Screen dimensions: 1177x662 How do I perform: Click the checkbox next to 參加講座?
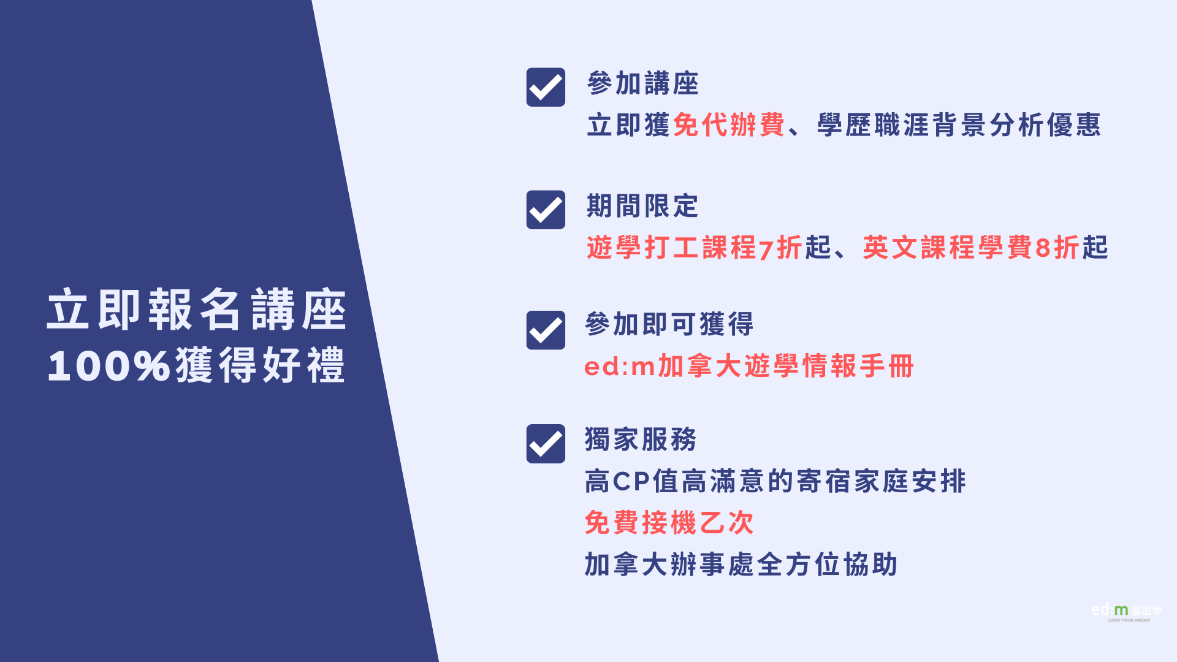coord(546,87)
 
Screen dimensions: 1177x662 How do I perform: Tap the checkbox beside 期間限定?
coord(546,210)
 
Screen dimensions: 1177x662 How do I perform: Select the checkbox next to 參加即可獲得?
coord(546,330)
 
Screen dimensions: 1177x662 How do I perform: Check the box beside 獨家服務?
coord(546,444)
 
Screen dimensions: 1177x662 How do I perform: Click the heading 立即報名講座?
coord(197,310)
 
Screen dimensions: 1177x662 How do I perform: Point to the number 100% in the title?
coord(109,367)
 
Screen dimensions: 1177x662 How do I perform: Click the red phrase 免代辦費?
coord(729,125)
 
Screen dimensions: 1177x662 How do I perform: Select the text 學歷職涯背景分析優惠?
coord(959,125)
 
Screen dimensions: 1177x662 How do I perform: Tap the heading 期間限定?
coord(642,206)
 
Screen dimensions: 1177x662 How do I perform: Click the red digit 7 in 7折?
coord(766,249)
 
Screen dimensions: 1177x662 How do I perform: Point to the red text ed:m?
coord(620,367)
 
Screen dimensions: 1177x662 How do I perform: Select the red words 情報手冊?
coord(858,366)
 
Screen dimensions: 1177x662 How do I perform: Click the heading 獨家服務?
coord(641,439)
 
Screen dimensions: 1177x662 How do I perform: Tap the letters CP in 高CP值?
coord(631,482)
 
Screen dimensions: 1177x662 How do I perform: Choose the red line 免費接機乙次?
coord(669,523)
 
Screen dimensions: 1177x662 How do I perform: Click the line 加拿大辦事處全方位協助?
coord(741,565)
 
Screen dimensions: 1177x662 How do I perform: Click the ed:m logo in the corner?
coord(1127,612)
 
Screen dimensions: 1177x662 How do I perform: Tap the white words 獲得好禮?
coord(261,366)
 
